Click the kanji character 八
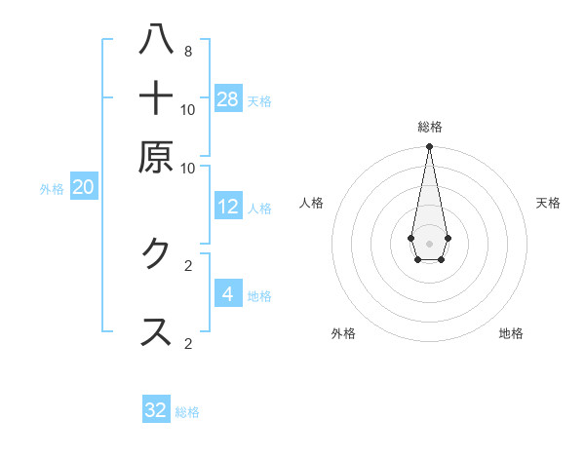pyautogui.click(x=156, y=41)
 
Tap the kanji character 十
pyautogui.click(x=156, y=98)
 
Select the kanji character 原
pyautogui.click(x=156, y=157)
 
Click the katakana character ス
pyautogui.click(x=156, y=331)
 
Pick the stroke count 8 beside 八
pyautogui.click(x=187, y=52)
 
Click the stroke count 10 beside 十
pyautogui.click(x=187, y=110)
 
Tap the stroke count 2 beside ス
pyautogui.click(x=187, y=343)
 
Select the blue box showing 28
pyautogui.click(x=228, y=98)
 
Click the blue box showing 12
pyautogui.click(x=228, y=207)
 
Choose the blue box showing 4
pyautogui.click(x=228, y=293)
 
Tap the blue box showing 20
pyautogui.click(x=83, y=188)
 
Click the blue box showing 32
pyautogui.click(x=156, y=410)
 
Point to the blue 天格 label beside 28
pyautogui.click(x=259, y=100)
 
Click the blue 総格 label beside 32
pyautogui.click(x=187, y=412)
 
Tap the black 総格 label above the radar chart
pyautogui.click(x=429, y=127)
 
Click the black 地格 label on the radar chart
pyautogui.click(x=511, y=333)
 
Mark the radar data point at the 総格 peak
pyautogui.click(x=429, y=147)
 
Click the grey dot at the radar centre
pyautogui.click(x=429, y=243)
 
